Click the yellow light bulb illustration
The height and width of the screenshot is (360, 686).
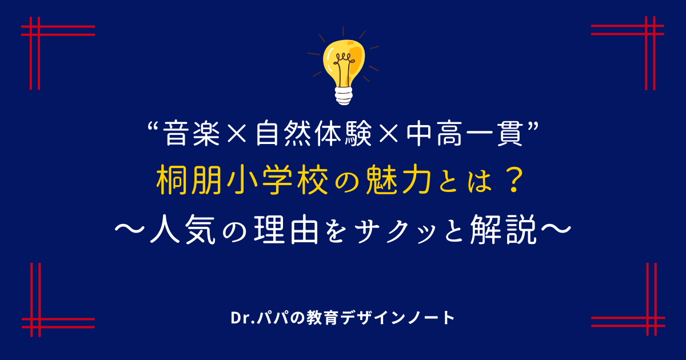344,66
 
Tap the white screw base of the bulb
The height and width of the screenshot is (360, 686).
344,96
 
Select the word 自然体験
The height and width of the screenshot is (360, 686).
314,134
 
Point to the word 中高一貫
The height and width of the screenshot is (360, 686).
465,134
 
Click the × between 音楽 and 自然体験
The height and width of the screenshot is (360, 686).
237,134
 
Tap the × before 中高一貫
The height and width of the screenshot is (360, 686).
388,134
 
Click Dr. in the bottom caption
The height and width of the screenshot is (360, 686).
242,318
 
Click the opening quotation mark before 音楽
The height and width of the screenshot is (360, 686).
154,126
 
